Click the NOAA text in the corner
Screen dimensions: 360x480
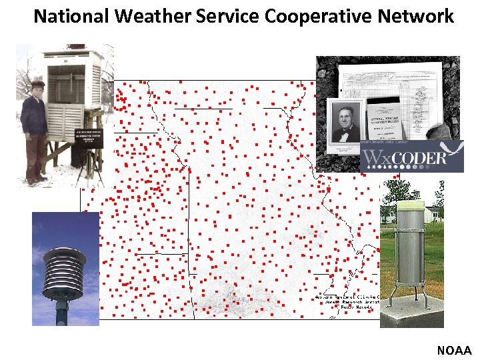[x=454, y=350]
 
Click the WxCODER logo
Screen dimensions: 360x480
[x=411, y=157]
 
